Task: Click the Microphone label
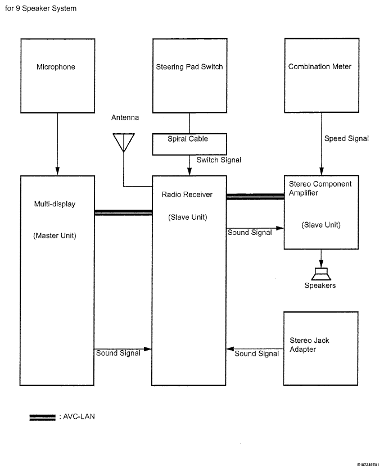pyautogui.click(x=56, y=67)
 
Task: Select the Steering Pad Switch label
pyautogui.click(x=189, y=67)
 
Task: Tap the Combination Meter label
pyautogui.click(x=320, y=66)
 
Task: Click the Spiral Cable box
pyautogui.click(x=189, y=144)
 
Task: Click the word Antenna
pyautogui.click(x=125, y=118)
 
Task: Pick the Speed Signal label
pyautogui.click(x=346, y=139)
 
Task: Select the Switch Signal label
pyautogui.click(x=219, y=160)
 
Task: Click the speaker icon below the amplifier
pyautogui.click(x=321, y=273)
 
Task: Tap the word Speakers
pyautogui.click(x=320, y=286)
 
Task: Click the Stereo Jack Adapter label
pyautogui.click(x=309, y=345)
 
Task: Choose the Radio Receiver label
pyautogui.click(x=187, y=194)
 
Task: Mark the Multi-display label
pyautogui.click(x=55, y=204)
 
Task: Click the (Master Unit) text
pyautogui.click(x=55, y=235)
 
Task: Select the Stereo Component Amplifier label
pyautogui.click(x=320, y=188)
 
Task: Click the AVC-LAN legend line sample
pyautogui.click(x=42, y=417)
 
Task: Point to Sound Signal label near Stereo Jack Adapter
pyautogui.click(x=256, y=354)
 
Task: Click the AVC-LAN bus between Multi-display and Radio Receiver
pyautogui.click(x=123, y=212)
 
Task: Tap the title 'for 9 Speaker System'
pyautogui.click(x=40, y=8)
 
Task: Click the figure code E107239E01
pyautogui.click(x=368, y=465)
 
